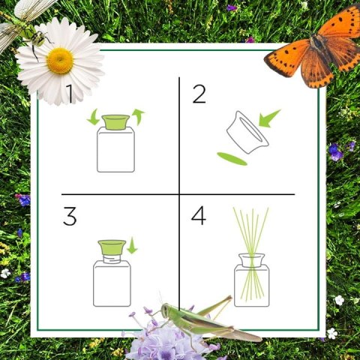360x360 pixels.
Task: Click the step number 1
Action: [x=70, y=94]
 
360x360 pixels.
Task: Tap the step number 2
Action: [x=199, y=94]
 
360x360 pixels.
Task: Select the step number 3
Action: [x=70, y=216]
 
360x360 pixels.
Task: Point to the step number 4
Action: [x=199, y=215]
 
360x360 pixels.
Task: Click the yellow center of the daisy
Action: [x=60, y=61]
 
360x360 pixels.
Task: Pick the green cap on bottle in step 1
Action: [x=115, y=122]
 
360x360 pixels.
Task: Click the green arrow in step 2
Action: [x=269, y=118]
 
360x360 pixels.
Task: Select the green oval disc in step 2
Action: [x=232, y=159]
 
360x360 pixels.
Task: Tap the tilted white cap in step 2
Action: [x=247, y=133]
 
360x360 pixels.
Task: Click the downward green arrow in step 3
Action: [x=132, y=246]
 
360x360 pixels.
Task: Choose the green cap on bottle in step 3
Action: [x=112, y=247]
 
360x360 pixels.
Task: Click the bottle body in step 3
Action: [x=112, y=283]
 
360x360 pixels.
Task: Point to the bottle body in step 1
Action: [x=115, y=149]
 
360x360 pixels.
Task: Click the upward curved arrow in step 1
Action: [x=138, y=117]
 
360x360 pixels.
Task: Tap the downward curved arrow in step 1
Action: [x=93, y=117]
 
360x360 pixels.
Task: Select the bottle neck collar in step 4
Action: [x=251, y=260]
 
